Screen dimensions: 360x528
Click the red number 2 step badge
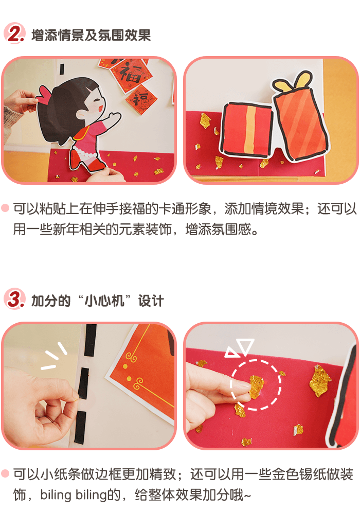[14, 33]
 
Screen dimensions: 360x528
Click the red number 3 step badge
[14, 298]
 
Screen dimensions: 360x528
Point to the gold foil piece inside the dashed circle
[257, 386]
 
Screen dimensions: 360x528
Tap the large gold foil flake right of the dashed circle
[319, 380]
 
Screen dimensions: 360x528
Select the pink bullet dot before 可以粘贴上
[5, 208]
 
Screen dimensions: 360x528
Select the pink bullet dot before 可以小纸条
[5, 473]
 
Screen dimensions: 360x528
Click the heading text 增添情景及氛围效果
[91, 35]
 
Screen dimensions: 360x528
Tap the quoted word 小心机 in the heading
[104, 301]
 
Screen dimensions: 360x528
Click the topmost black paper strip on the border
[91, 340]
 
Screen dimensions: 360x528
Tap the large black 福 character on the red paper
[130, 73]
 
